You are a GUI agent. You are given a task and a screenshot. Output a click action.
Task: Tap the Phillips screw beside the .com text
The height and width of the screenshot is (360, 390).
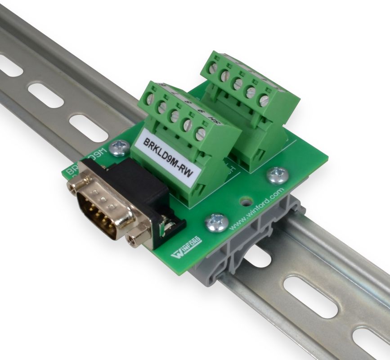coord(277,175)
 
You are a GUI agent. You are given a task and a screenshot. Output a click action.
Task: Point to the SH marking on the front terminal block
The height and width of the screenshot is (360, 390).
coord(215,123)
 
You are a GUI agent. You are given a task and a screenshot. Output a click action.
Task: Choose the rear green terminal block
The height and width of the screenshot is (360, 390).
coord(252,108)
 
